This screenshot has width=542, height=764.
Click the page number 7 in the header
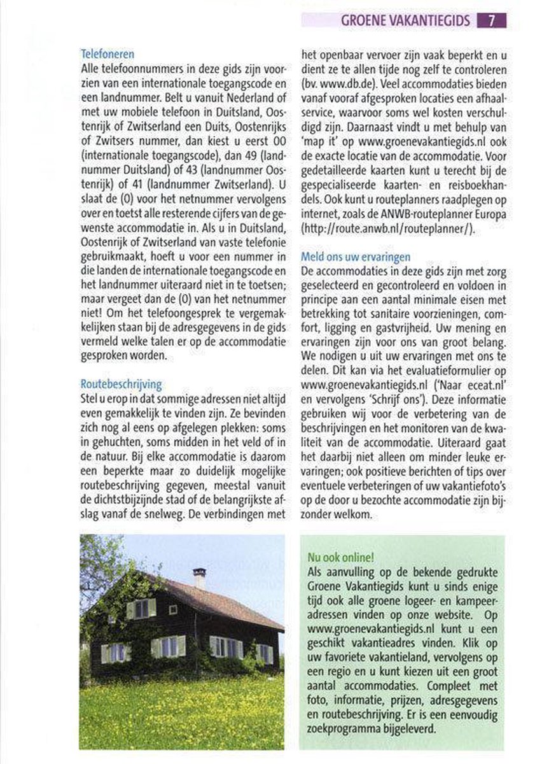(x=492, y=20)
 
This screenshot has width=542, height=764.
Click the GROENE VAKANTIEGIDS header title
(x=405, y=20)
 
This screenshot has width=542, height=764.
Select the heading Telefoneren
(x=108, y=55)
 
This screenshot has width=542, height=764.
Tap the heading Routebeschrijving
(x=122, y=385)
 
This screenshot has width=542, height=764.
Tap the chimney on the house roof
(x=199, y=577)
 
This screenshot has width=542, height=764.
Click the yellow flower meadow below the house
(x=181, y=713)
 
